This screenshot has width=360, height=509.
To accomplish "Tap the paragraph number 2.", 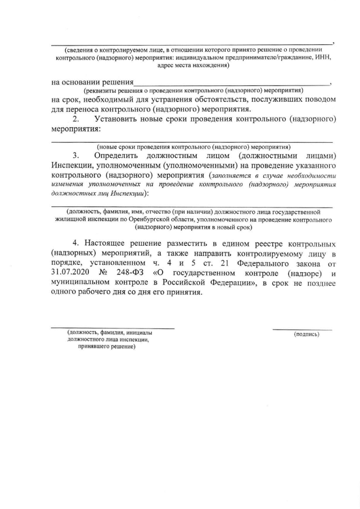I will coord(77,119).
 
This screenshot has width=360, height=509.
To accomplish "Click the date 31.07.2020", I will coord(73,274).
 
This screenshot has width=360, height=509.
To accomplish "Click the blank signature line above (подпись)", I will coord(302,328).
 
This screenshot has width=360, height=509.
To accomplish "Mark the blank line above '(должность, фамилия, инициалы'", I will coord(112,327).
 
